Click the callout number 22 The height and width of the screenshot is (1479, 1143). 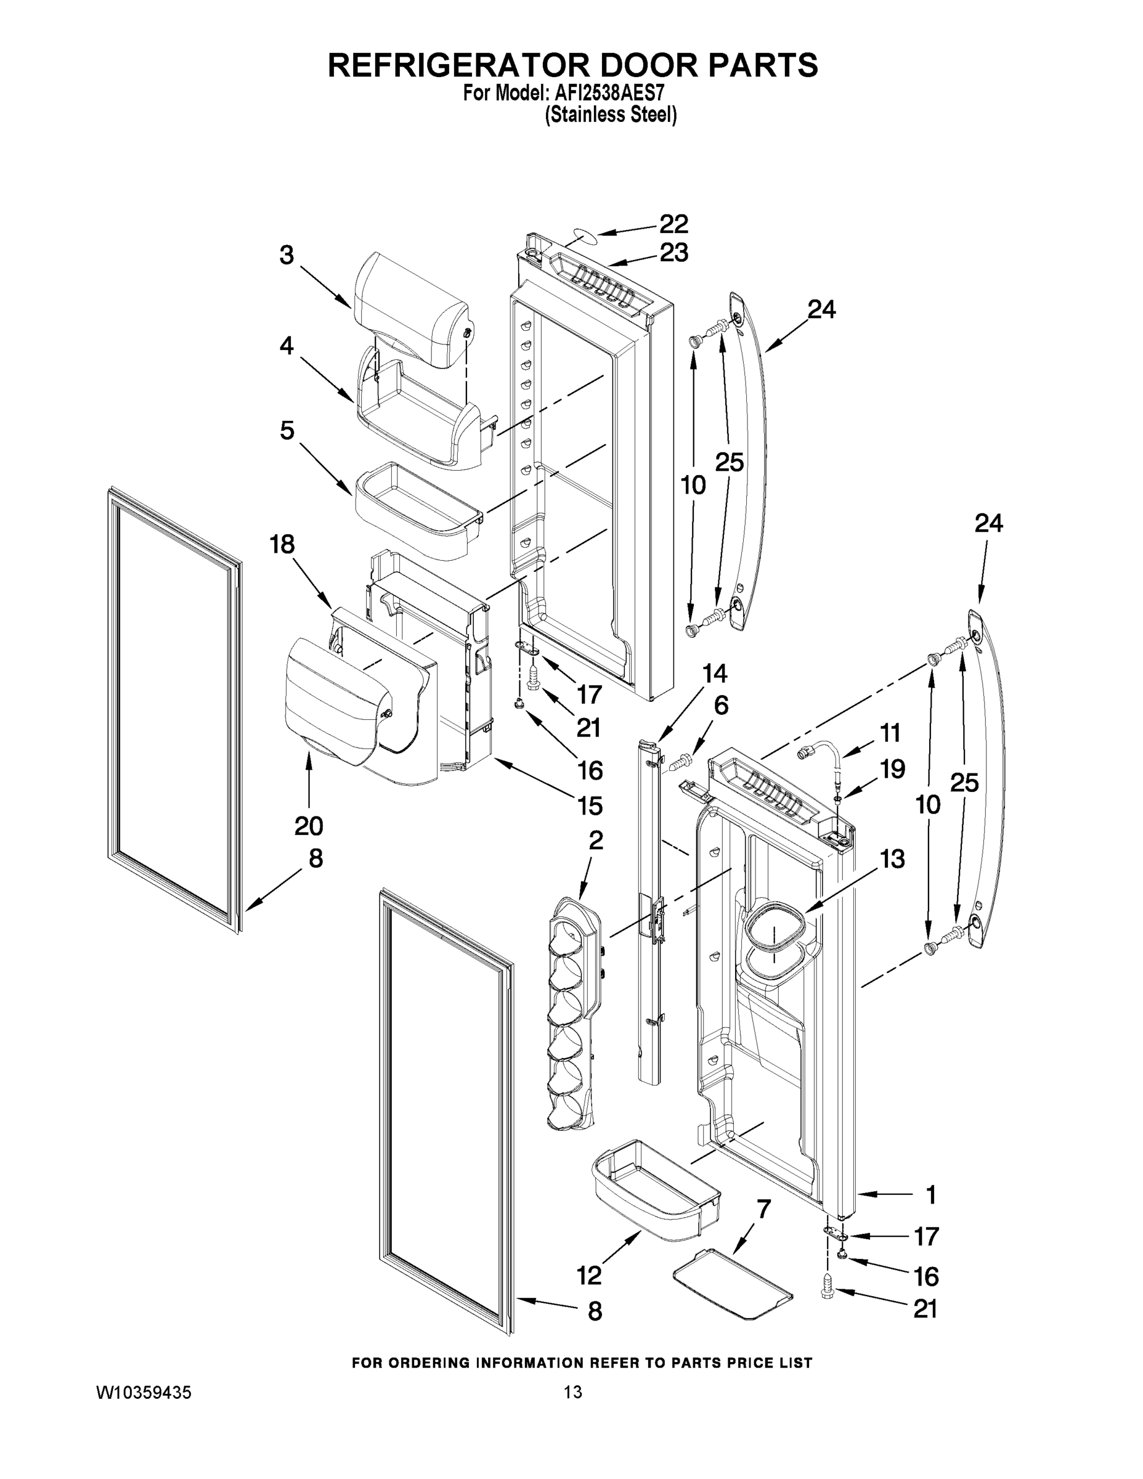(x=673, y=224)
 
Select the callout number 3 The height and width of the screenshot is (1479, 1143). (x=287, y=255)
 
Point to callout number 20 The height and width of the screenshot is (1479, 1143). (x=309, y=826)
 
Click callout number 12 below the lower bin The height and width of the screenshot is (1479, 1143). (x=589, y=1276)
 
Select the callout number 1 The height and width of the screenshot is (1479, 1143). (x=931, y=1196)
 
